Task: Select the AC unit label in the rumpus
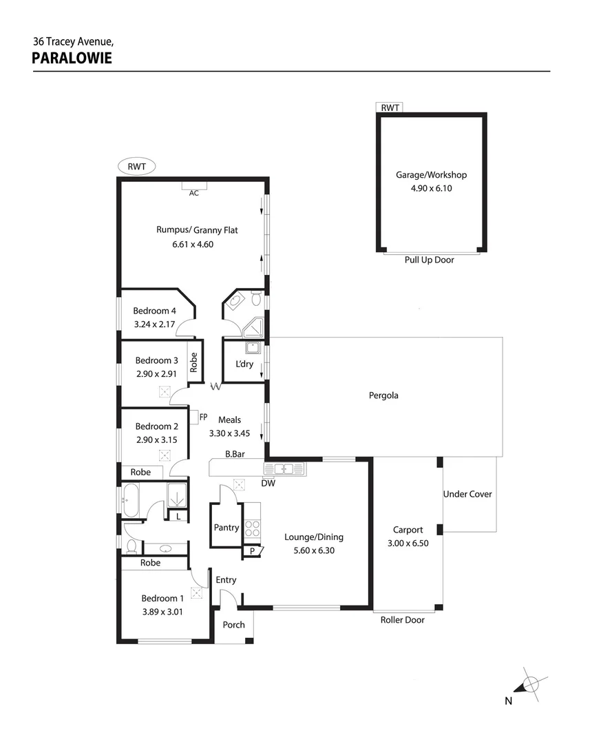pyautogui.click(x=194, y=194)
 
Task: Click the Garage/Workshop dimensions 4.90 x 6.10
pyautogui.click(x=431, y=187)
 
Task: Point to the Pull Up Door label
pyautogui.click(x=430, y=260)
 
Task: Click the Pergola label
pyautogui.click(x=384, y=395)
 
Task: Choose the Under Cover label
pyautogui.click(x=468, y=494)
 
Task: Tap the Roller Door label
pyautogui.click(x=403, y=620)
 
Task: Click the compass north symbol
pyautogui.click(x=530, y=685)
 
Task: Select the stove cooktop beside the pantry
pyautogui.click(x=253, y=528)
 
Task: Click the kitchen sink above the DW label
pyautogui.click(x=284, y=469)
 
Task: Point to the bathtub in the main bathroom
pyautogui.click(x=131, y=499)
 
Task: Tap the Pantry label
pyautogui.click(x=226, y=528)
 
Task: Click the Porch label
pyautogui.click(x=233, y=625)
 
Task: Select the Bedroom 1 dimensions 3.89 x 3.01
pyautogui.click(x=162, y=610)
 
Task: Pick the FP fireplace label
pyautogui.click(x=203, y=417)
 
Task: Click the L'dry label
pyautogui.click(x=244, y=364)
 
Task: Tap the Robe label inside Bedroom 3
pyautogui.click(x=194, y=362)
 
